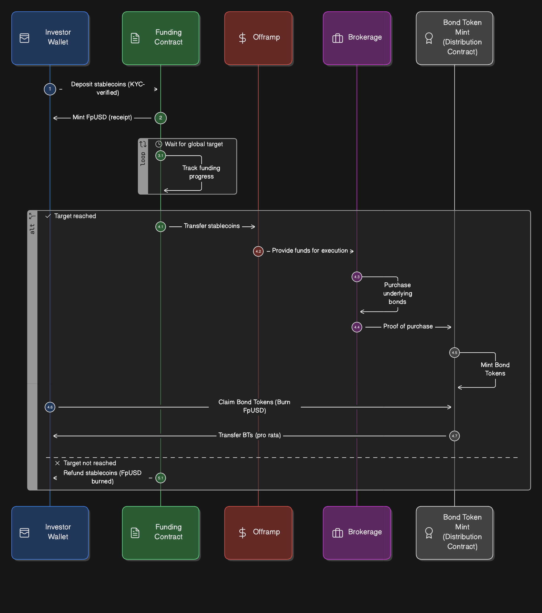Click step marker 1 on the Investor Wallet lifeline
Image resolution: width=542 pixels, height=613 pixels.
50,89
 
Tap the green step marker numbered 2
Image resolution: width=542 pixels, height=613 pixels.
160,118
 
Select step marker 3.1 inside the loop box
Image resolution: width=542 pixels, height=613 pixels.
160,156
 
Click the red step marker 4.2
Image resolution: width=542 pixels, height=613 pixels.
258,251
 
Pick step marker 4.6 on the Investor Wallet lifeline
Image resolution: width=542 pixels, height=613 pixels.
50,407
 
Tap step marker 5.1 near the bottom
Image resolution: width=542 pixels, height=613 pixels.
160,478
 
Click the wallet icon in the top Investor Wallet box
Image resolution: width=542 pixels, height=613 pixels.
24,38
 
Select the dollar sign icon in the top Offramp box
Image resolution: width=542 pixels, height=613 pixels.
242,38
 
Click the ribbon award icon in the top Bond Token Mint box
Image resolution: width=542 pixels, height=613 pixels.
429,38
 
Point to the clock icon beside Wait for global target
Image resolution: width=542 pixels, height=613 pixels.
159,144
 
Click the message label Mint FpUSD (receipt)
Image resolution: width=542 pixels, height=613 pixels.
102,117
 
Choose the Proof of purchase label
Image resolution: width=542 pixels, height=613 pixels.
408,326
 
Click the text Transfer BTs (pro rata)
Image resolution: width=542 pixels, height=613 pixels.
249,435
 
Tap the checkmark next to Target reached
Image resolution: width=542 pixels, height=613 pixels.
48,216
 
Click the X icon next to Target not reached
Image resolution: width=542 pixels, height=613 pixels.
57,463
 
